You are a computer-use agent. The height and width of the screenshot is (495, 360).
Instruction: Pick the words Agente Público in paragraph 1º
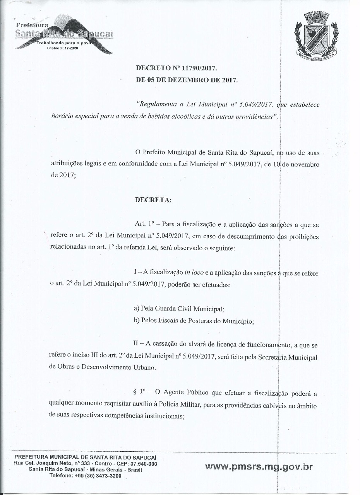(186, 393)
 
